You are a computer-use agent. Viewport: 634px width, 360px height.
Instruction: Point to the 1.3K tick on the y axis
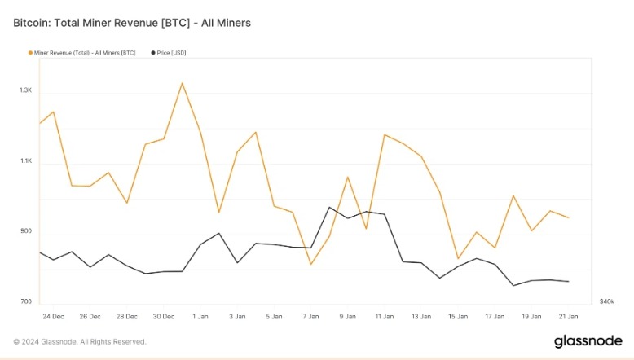[26, 90]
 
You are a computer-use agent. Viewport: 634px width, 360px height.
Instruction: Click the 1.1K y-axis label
[26, 161]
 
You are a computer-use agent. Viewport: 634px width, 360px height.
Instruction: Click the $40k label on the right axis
[606, 301]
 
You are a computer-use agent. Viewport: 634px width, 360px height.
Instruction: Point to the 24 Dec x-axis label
[53, 316]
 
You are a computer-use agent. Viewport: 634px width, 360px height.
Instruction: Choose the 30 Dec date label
[164, 316]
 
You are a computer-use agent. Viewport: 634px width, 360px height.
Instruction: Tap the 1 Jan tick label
[200, 316]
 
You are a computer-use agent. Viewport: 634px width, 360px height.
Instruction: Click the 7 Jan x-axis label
[310, 316]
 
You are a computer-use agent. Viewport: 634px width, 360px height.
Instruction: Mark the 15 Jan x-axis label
[457, 316]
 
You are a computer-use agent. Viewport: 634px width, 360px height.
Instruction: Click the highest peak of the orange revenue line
[182, 83]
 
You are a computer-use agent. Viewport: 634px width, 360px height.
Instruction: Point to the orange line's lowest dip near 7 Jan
[310, 264]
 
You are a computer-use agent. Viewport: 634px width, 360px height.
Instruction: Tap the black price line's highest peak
[329, 207]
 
